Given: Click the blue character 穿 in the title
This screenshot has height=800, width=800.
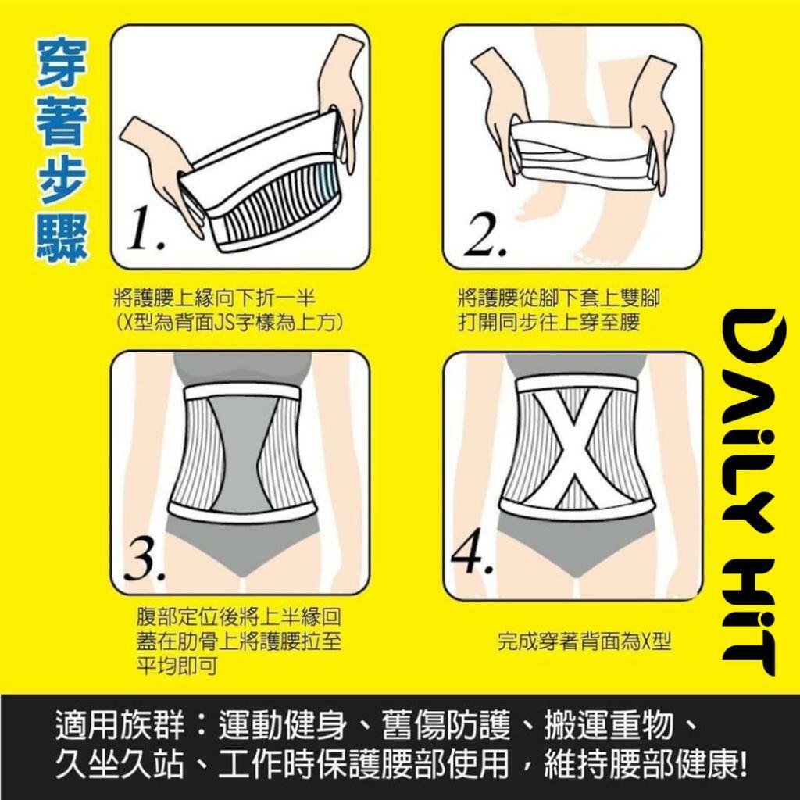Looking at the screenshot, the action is (x=62, y=63).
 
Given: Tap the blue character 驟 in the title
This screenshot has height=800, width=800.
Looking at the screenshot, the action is (x=62, y=237).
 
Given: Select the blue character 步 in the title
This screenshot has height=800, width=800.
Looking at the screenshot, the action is (x=62, y=179).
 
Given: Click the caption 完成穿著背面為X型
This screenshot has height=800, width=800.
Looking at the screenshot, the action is (x=584, y=641).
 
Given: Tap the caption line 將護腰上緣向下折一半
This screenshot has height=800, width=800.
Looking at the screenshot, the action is (x=214, y=298).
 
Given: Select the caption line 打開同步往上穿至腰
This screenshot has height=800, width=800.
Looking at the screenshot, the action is (x=548, y=323).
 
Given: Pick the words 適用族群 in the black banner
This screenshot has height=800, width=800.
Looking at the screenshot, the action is (x=120, y=724).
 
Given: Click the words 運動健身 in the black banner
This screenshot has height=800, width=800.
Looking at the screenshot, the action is (x=283, y=724).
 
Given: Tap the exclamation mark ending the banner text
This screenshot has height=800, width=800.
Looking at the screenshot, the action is (x=741, y=765).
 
